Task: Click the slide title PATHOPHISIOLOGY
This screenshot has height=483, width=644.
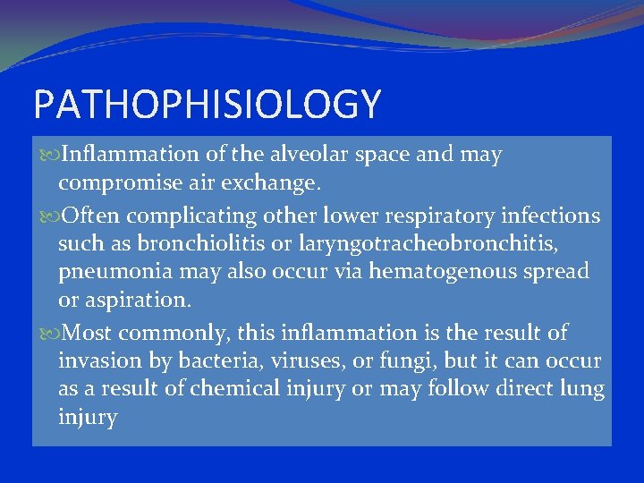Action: coord(207,104)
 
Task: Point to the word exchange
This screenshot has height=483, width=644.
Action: coord(269,184)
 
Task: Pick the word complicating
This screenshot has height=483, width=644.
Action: coord(182,216)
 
